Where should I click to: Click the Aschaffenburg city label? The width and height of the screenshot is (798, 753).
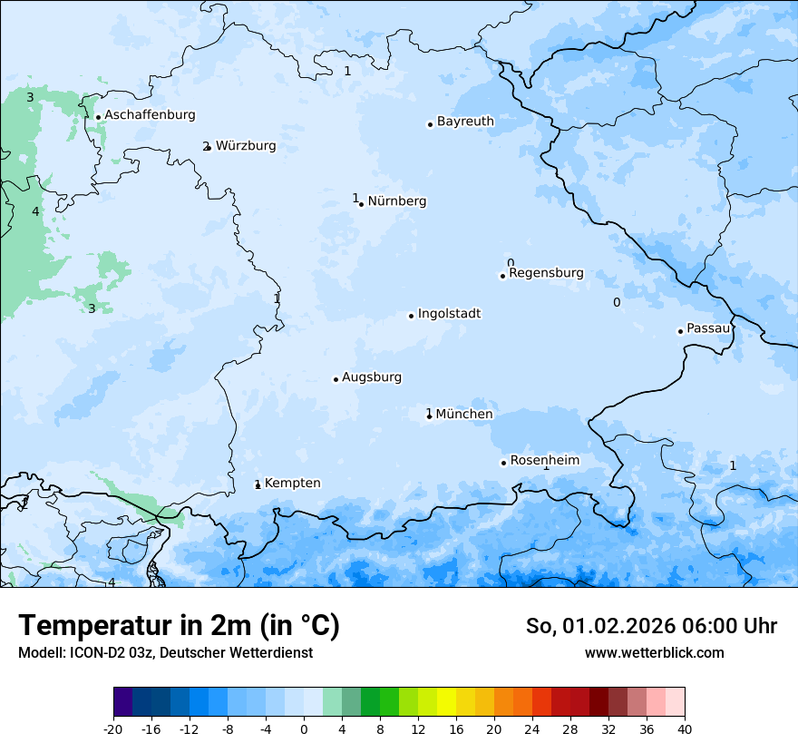pyautogui.click(x=150, y=115)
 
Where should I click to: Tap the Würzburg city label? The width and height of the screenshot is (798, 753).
pyautogui.click(x=246, y=146)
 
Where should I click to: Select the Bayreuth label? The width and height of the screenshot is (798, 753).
pyautogui.click(x=465, y=122)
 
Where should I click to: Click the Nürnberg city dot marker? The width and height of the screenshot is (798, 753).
pyautogui.click(x=361, y=204)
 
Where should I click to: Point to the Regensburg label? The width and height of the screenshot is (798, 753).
pyautogui.click(x=546, y=273)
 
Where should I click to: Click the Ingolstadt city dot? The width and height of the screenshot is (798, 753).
pyautogui.click(x=411, y=316)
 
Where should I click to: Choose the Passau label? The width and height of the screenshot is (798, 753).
pyautogui.click(x=708, y=328)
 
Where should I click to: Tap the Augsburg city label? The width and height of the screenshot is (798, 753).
pyautogui.click(x=372, y=377)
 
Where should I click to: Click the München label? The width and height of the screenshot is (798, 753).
pyautogui.click(x=464, y=415)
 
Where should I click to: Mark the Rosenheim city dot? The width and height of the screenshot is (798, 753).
pyautogui.click(x=503, y=463)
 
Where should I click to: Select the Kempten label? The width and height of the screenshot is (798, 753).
pyautogui.click(x=292, y=484)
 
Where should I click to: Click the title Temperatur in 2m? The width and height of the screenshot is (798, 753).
pyautogui.click(x=179, y=626)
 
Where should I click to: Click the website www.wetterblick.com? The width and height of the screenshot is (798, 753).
pyautogui.click(x=654, y=652)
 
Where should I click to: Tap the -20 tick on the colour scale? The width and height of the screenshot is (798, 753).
pyautogui.click(x=113, y=729)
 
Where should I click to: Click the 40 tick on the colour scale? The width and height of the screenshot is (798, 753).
pyautogui.click(x=685, y=729)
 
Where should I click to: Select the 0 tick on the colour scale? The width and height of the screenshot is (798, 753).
pyautogui.click(x=304, y=729)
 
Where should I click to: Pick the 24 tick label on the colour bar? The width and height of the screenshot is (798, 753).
pyautogui.click(x=532, y=729)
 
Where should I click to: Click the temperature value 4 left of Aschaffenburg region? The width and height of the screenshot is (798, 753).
pyautogui.click(x=35, y=211)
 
